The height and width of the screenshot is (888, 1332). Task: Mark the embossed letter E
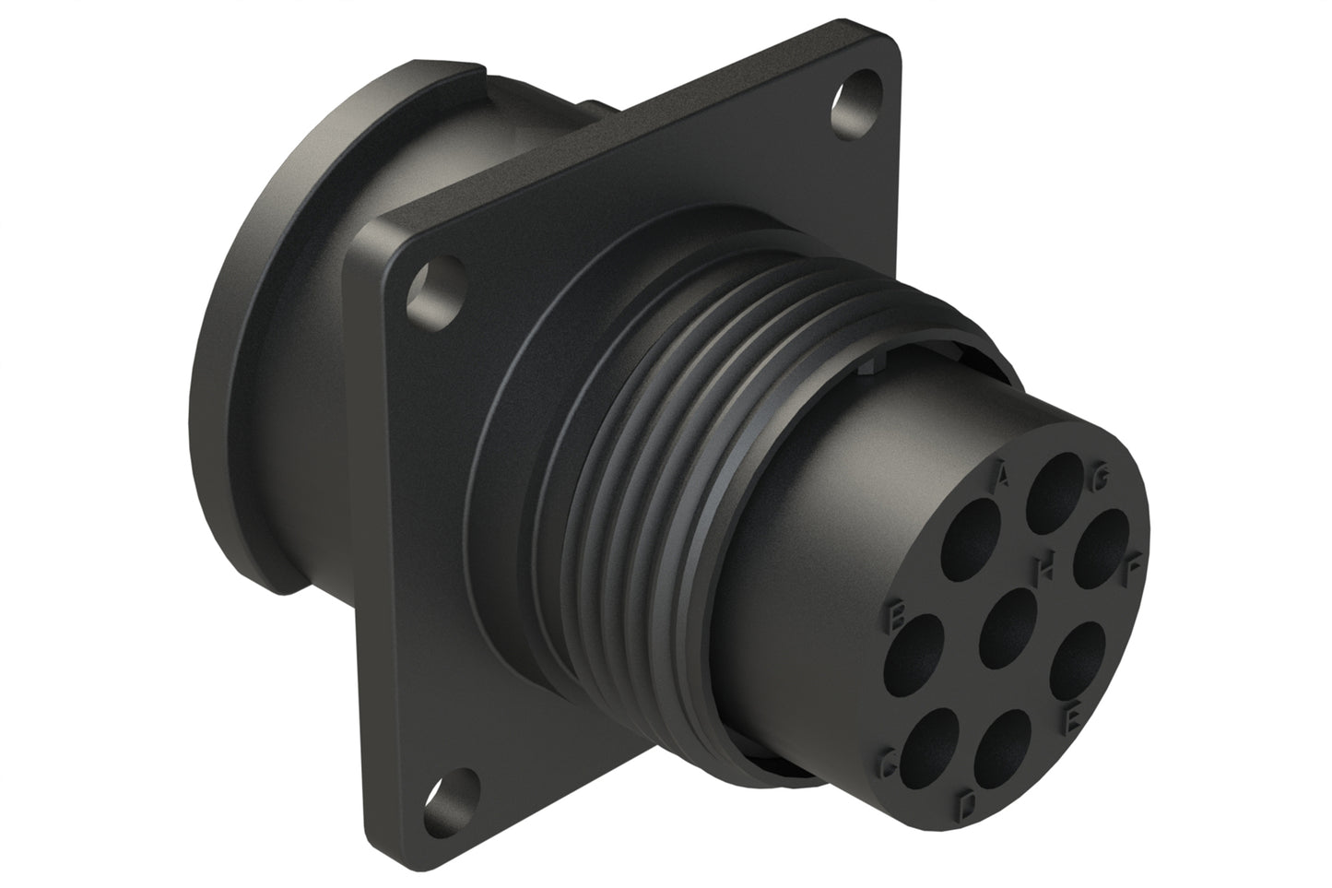[x=1070, y=720]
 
